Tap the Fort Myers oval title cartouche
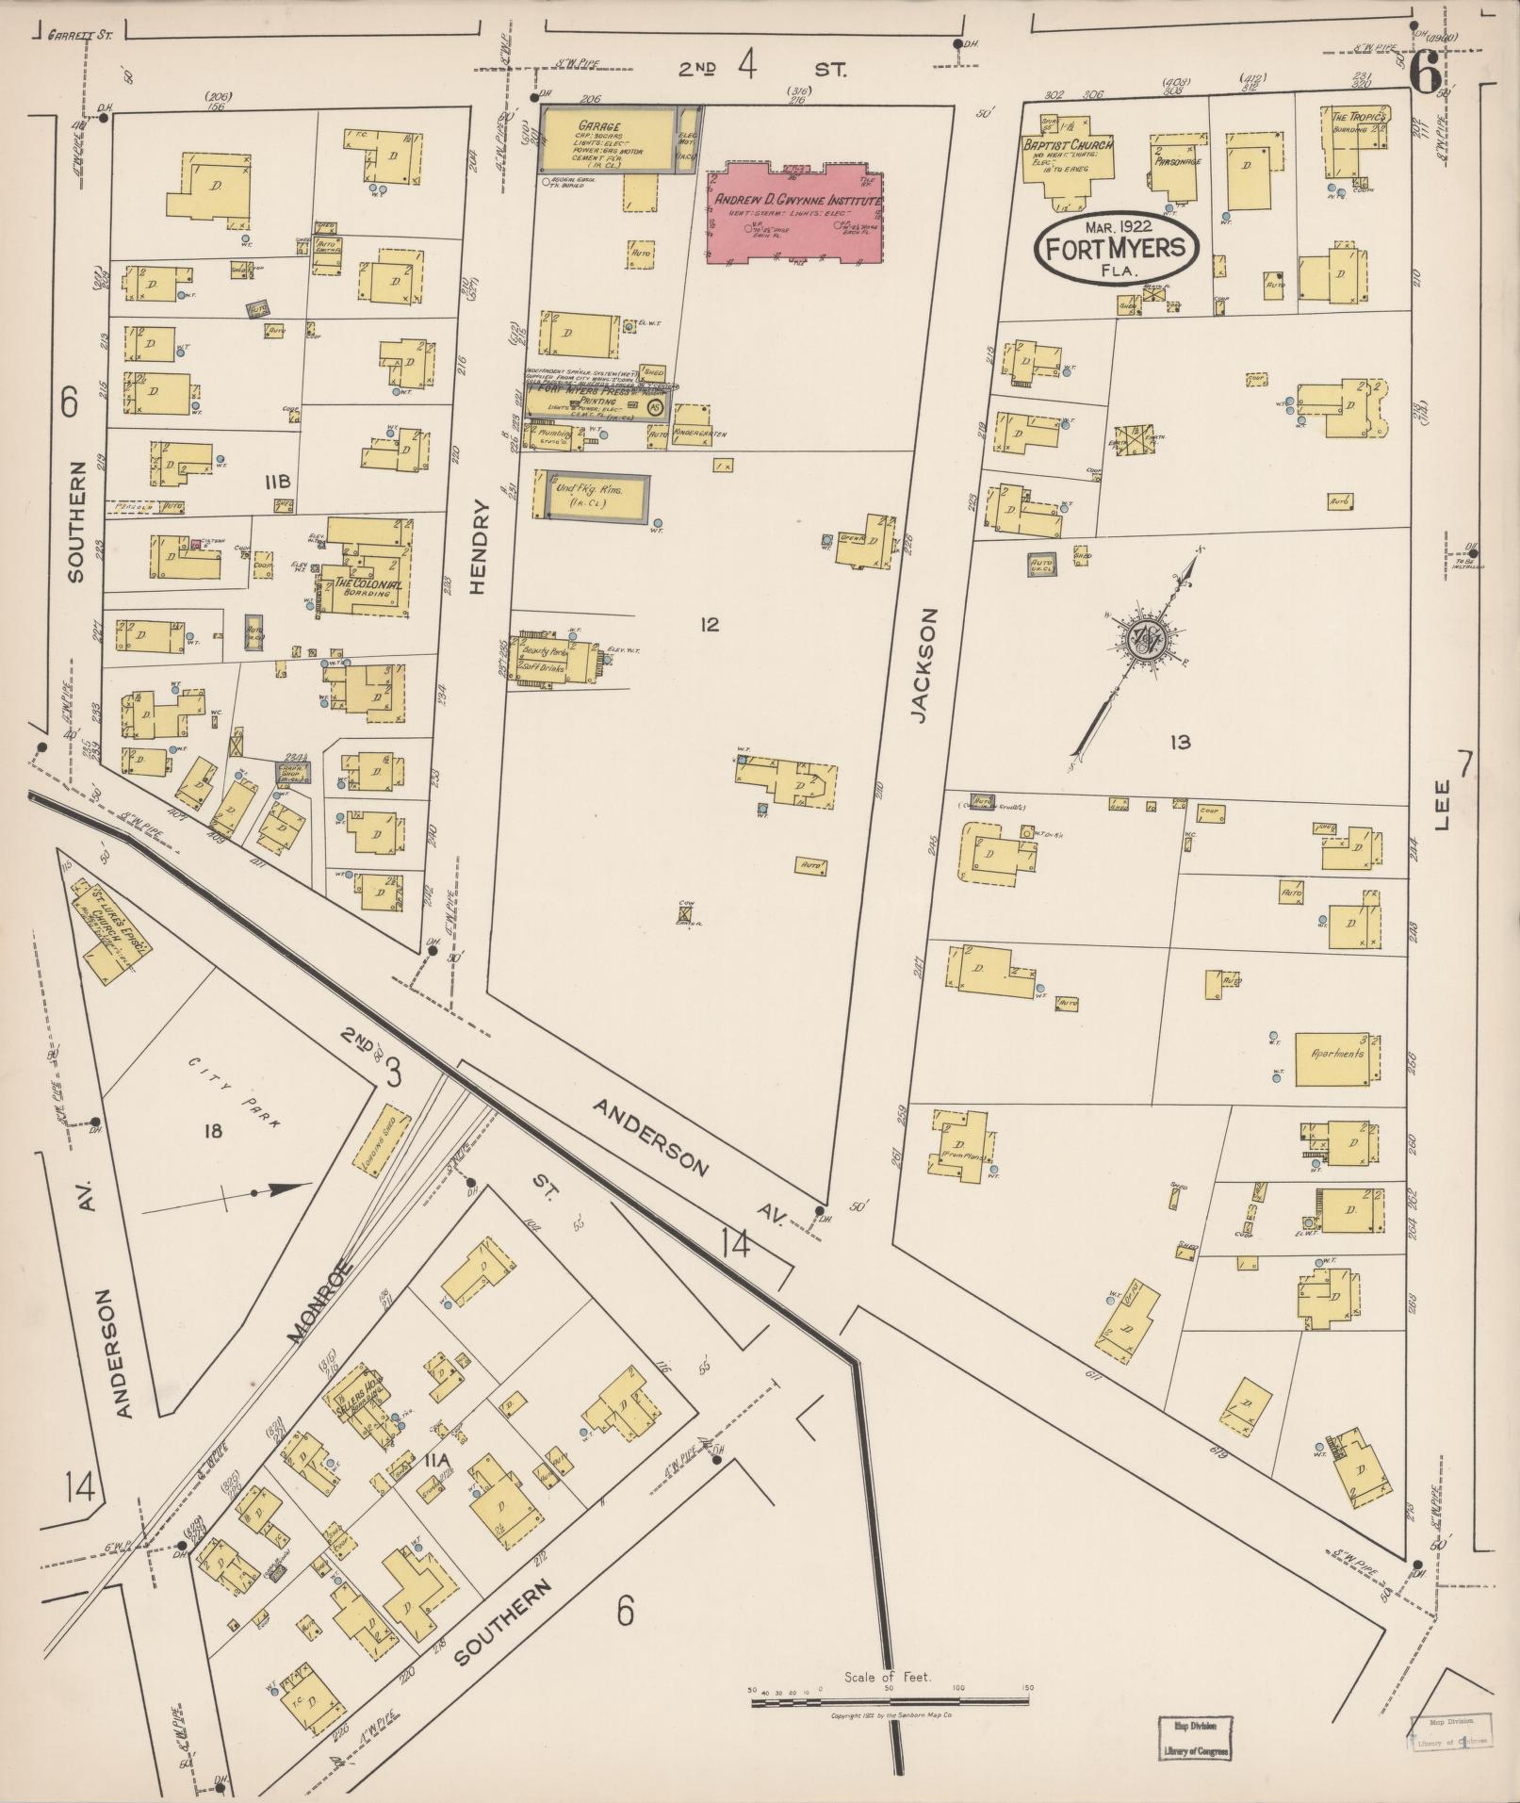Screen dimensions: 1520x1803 point(1116,247)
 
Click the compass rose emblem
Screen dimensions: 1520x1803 point(1148,639)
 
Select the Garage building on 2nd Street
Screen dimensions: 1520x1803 point(608,140)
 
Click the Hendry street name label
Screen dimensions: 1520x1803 point(478,547)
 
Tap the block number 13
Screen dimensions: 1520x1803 point(1179,743)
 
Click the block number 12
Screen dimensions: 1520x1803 point(709,624)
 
